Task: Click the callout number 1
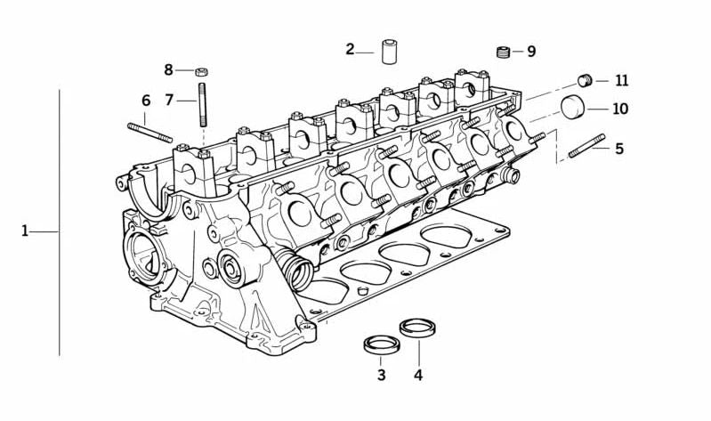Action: [25, 231]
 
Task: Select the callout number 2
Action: [350, 49]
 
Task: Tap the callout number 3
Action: [382, 376]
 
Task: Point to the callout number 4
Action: [418, 376]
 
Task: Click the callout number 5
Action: [619, 149]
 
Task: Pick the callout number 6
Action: [146, 101]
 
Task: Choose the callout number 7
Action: [169, 100]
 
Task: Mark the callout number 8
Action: [169, 69]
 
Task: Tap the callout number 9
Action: [531, 52]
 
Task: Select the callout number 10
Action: [620, 109]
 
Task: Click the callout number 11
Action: [622, 81]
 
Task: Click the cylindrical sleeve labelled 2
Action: [389, 53]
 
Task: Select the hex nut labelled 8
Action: [202, 71]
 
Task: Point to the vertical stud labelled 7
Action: [202, 105]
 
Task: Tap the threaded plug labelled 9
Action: [504, 53]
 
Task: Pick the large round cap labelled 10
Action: [573, 107]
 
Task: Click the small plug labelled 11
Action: [585, 80]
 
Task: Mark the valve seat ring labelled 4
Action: [418, 328]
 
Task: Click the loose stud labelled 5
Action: [586, 146]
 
